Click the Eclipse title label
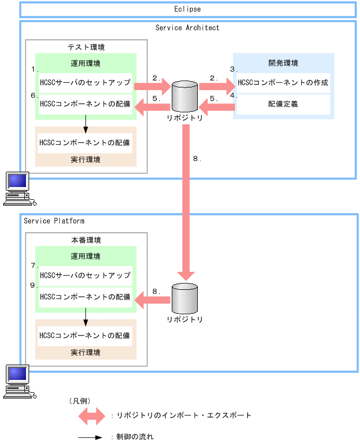(x=187, y=9)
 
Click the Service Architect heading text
(x=187, y=28)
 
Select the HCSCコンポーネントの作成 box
(x=283, y=83)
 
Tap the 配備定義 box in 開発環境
(x=283, y=104)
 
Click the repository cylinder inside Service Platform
(x=184, y=298)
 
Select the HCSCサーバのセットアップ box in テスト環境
(x=85, y=83)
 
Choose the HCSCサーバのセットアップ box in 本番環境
(x=85, y=275)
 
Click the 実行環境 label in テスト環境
(x=85, y=159)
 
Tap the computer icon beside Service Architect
(x=18, y=189)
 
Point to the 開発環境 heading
(x=283, y=63)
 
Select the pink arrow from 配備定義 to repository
(x=216, y=108)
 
